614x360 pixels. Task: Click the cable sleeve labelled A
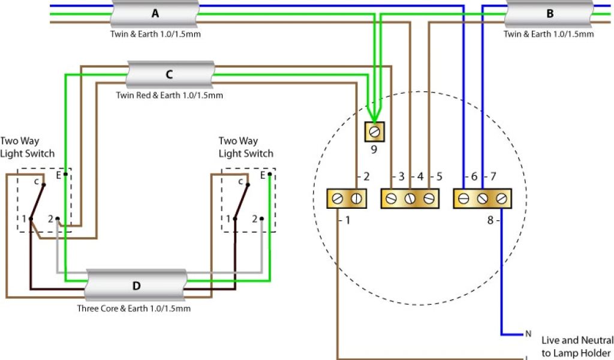pyautogui.click(x=155, y=14)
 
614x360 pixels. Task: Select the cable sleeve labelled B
pyautogui.click(x=550, y=14)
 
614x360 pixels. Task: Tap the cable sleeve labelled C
pyautogui.click(x=170, y=74)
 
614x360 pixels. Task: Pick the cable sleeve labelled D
pyautogui.click(x=136, y=285)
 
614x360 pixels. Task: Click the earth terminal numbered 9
pyautogui.click(x=375, y=131)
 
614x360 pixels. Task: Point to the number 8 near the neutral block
pyautogui.click(x=490, y=221)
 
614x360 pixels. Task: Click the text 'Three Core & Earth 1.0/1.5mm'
pyautogui.click(x=134, y=308)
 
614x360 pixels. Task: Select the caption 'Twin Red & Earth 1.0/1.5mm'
pyautogui.click(x=170, y=95)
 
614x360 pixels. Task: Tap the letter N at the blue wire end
pyautogui.click(x=528, y=334)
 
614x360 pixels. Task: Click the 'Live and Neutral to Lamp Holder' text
pyautogui.click(x=577, y=346)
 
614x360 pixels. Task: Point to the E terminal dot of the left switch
pyautogui.click(x=65, y=175)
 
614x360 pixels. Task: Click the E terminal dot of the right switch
pyautogui.click(x=270, y=175)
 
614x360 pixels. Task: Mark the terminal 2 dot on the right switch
pyautogui.click(x=261, y=218)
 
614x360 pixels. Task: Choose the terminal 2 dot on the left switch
pyautogui.click(x=57, y=218)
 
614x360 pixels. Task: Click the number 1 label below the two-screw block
pyautogui.click(x=347, y=221)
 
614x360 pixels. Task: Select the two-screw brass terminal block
pyautogui.click(x=347, y=199)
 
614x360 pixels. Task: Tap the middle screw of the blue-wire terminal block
pyautogui.click(x=483, y=199)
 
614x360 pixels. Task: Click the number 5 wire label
pyautogui.click(x=439, y=176)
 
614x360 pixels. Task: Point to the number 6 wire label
pyautogui.click(x=474, y=176)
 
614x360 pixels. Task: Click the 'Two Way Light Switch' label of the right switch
pyautogui.click(x=246, y=147)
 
